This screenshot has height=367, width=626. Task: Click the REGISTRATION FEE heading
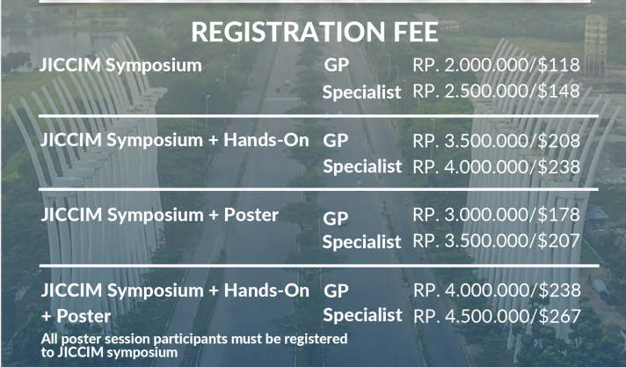[x=315, y=32]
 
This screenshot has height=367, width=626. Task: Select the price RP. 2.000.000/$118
[x=496, y=65]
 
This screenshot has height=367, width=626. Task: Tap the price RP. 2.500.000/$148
[x=496, y=92]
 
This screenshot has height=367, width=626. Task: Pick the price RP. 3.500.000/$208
[x=496, y=141]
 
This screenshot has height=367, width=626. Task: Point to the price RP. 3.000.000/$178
[x=496, y=215]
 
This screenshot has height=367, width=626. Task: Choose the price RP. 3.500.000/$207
[x=496, y=240]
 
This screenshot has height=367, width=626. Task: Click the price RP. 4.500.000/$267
[x=497, y=316]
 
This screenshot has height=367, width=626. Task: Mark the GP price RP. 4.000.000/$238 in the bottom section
[x=497, y=290]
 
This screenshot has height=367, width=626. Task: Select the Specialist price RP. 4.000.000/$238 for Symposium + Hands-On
[x=496, y=166]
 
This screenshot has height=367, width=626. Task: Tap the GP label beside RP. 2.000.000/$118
[x=337, y=65]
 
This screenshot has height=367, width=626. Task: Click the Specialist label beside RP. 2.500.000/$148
[x=361, y=92]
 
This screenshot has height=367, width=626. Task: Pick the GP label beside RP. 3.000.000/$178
[x=336, y=218]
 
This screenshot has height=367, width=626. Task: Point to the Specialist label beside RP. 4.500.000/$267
[x=362, y=315]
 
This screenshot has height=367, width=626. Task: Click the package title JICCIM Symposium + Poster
[x=160, y=215]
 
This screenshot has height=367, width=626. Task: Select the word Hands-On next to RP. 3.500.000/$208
[x=266, y=140]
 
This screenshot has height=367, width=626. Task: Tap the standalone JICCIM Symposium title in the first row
[x=120, y=65]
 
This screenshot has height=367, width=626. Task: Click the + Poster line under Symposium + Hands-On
[x=76, y=316]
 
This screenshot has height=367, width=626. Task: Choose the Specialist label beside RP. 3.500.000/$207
[x=361, y=242]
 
